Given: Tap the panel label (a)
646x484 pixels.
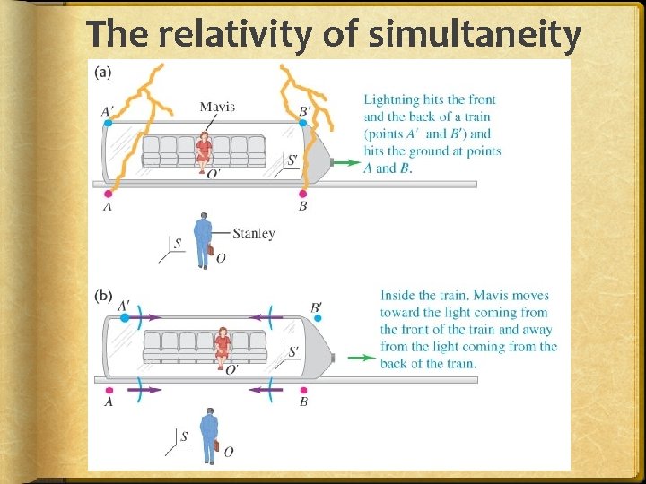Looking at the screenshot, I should (104, 72).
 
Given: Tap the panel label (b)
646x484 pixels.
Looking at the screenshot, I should (104, 294).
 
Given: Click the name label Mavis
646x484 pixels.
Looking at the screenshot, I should (217, 107).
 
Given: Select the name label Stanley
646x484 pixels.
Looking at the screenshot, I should (253, 233).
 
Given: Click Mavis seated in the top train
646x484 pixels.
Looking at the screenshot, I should (205, 150).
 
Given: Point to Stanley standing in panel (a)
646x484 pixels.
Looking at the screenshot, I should (203, 240).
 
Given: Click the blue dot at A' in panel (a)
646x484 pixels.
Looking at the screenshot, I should (108, 122).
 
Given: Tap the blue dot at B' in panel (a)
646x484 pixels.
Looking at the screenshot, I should (303, 123).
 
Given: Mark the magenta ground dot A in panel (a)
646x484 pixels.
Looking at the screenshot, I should (108, 193).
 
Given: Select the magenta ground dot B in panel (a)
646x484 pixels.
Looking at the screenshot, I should (303, 193).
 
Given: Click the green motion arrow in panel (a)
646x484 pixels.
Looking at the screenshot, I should (345, 162).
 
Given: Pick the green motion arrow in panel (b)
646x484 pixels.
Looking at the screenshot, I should (361, 358).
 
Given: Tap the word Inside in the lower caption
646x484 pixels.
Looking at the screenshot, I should (399, 295).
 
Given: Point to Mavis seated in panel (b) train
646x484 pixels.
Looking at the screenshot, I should (223, 346).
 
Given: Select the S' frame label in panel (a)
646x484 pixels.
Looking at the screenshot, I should (292, 161).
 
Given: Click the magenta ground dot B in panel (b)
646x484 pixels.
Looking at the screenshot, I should (303, 389).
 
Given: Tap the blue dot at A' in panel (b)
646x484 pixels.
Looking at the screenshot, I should (125, 317).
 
